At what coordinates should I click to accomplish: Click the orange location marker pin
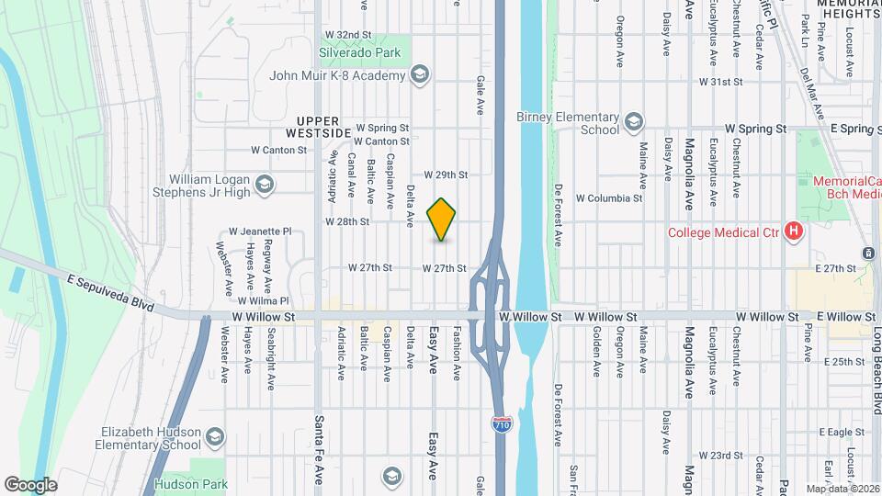click(442, 220)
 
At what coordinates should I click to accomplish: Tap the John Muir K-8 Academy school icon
click(420, 75)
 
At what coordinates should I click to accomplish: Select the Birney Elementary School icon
click(633, 123)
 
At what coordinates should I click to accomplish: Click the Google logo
click(31, 484)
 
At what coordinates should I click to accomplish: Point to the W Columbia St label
click(608, 197)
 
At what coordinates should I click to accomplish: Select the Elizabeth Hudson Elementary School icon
click(215, 435)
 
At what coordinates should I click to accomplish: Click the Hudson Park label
click(185, 483)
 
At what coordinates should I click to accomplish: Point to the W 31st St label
click(719, 82)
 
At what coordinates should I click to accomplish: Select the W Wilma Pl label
click(263, 301)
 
